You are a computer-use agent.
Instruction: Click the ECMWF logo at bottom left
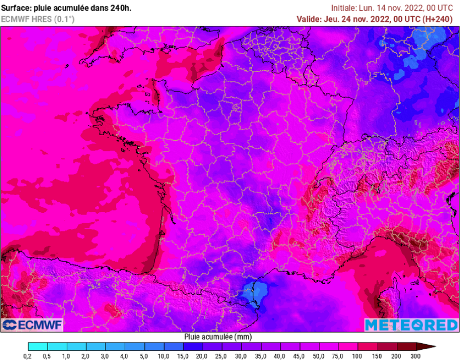pos(32,325)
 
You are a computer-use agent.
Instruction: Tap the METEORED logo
pos(411,325)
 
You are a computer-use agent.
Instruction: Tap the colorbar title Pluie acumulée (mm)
pos(217,337)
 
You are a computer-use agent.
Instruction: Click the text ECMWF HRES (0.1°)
pos(38,19)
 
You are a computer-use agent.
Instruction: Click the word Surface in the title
pos(16,8)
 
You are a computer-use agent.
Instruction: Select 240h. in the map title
pos(121,8)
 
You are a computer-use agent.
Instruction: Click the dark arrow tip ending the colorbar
pos(430,346)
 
